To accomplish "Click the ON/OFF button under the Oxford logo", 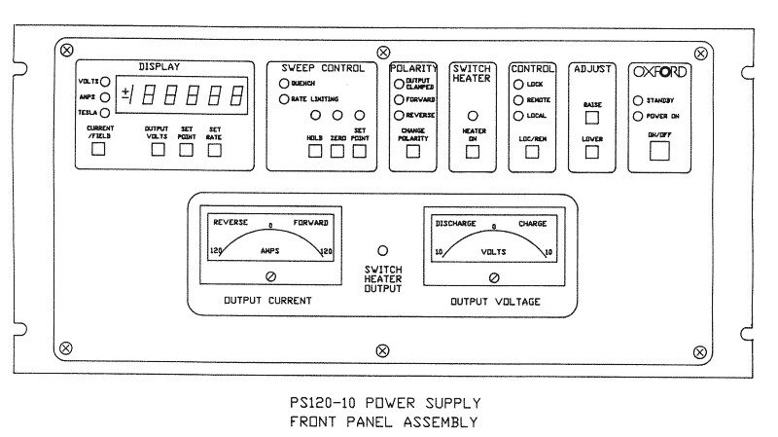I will [661, 151].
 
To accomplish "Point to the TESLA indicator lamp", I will [104, 113].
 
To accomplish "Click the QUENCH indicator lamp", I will [284, 84].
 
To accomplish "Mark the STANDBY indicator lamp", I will [638, 100].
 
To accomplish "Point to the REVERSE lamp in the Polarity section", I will [398, 116].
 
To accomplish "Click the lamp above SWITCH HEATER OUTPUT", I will [383, 250].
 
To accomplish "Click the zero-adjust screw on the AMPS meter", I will [270, 276].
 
